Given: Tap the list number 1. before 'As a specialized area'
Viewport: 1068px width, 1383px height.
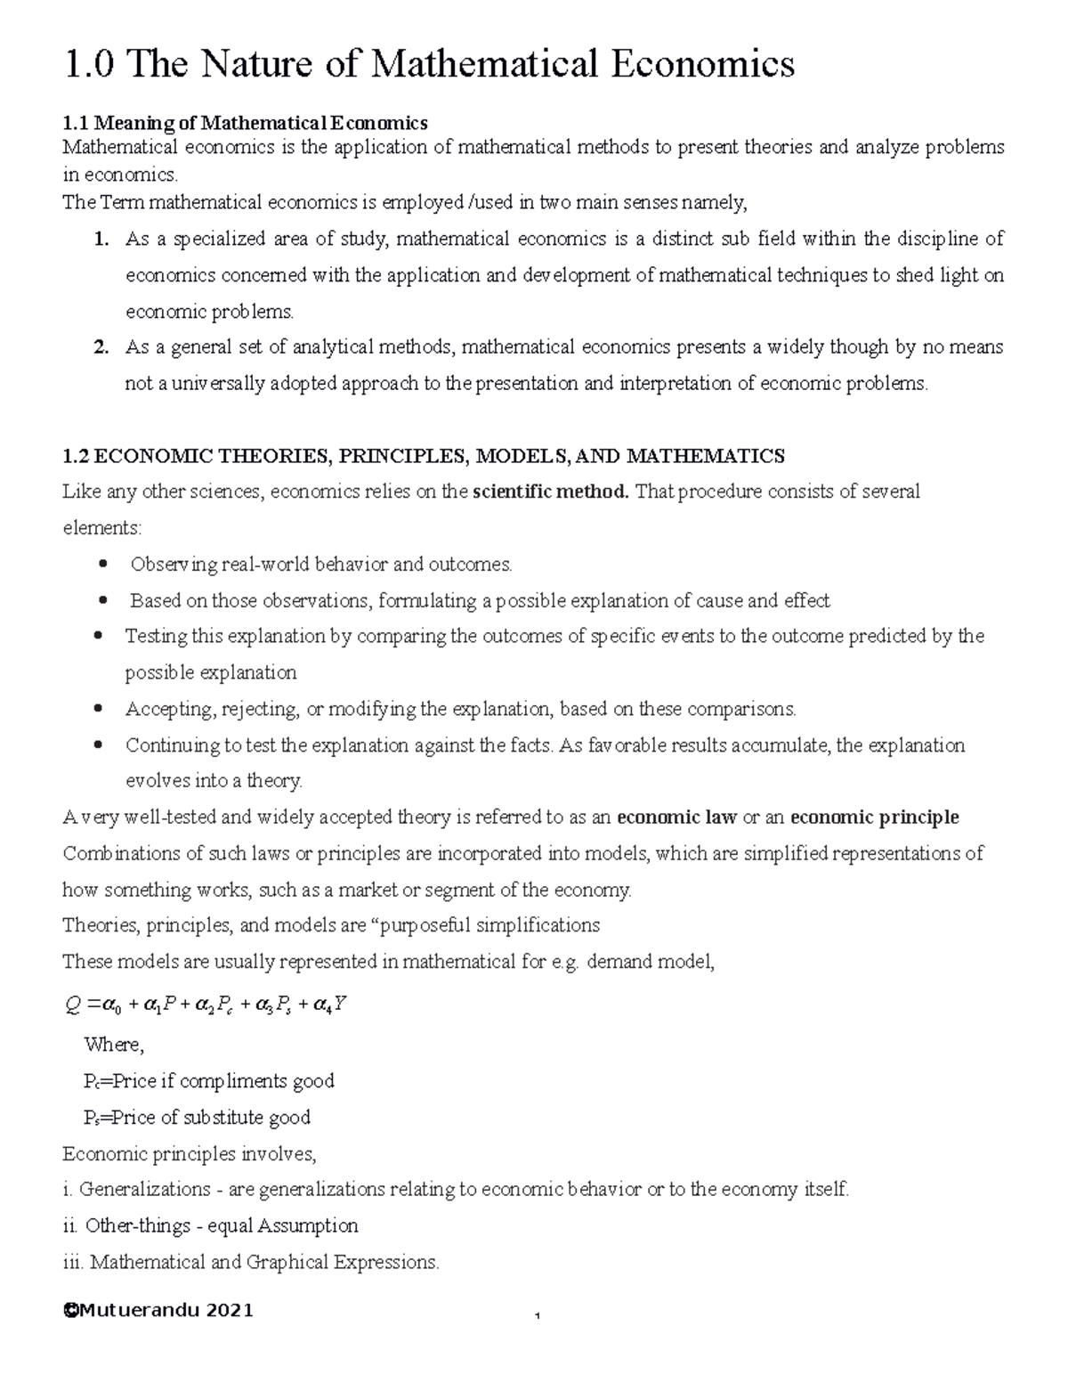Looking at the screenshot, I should pos(101,239).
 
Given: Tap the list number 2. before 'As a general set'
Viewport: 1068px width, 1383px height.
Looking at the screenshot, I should pos(101,347).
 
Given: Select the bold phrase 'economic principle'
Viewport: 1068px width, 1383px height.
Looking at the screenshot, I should pos(874,818).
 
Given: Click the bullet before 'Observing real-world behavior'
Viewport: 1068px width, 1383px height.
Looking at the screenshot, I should pos(103,564).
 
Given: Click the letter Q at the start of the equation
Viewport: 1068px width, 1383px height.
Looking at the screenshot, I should pos(73,1005).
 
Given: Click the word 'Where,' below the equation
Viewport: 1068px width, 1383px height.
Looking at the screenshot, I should pos(113,1045).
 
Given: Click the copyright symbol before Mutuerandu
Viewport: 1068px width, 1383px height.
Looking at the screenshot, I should pos(69,1310).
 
